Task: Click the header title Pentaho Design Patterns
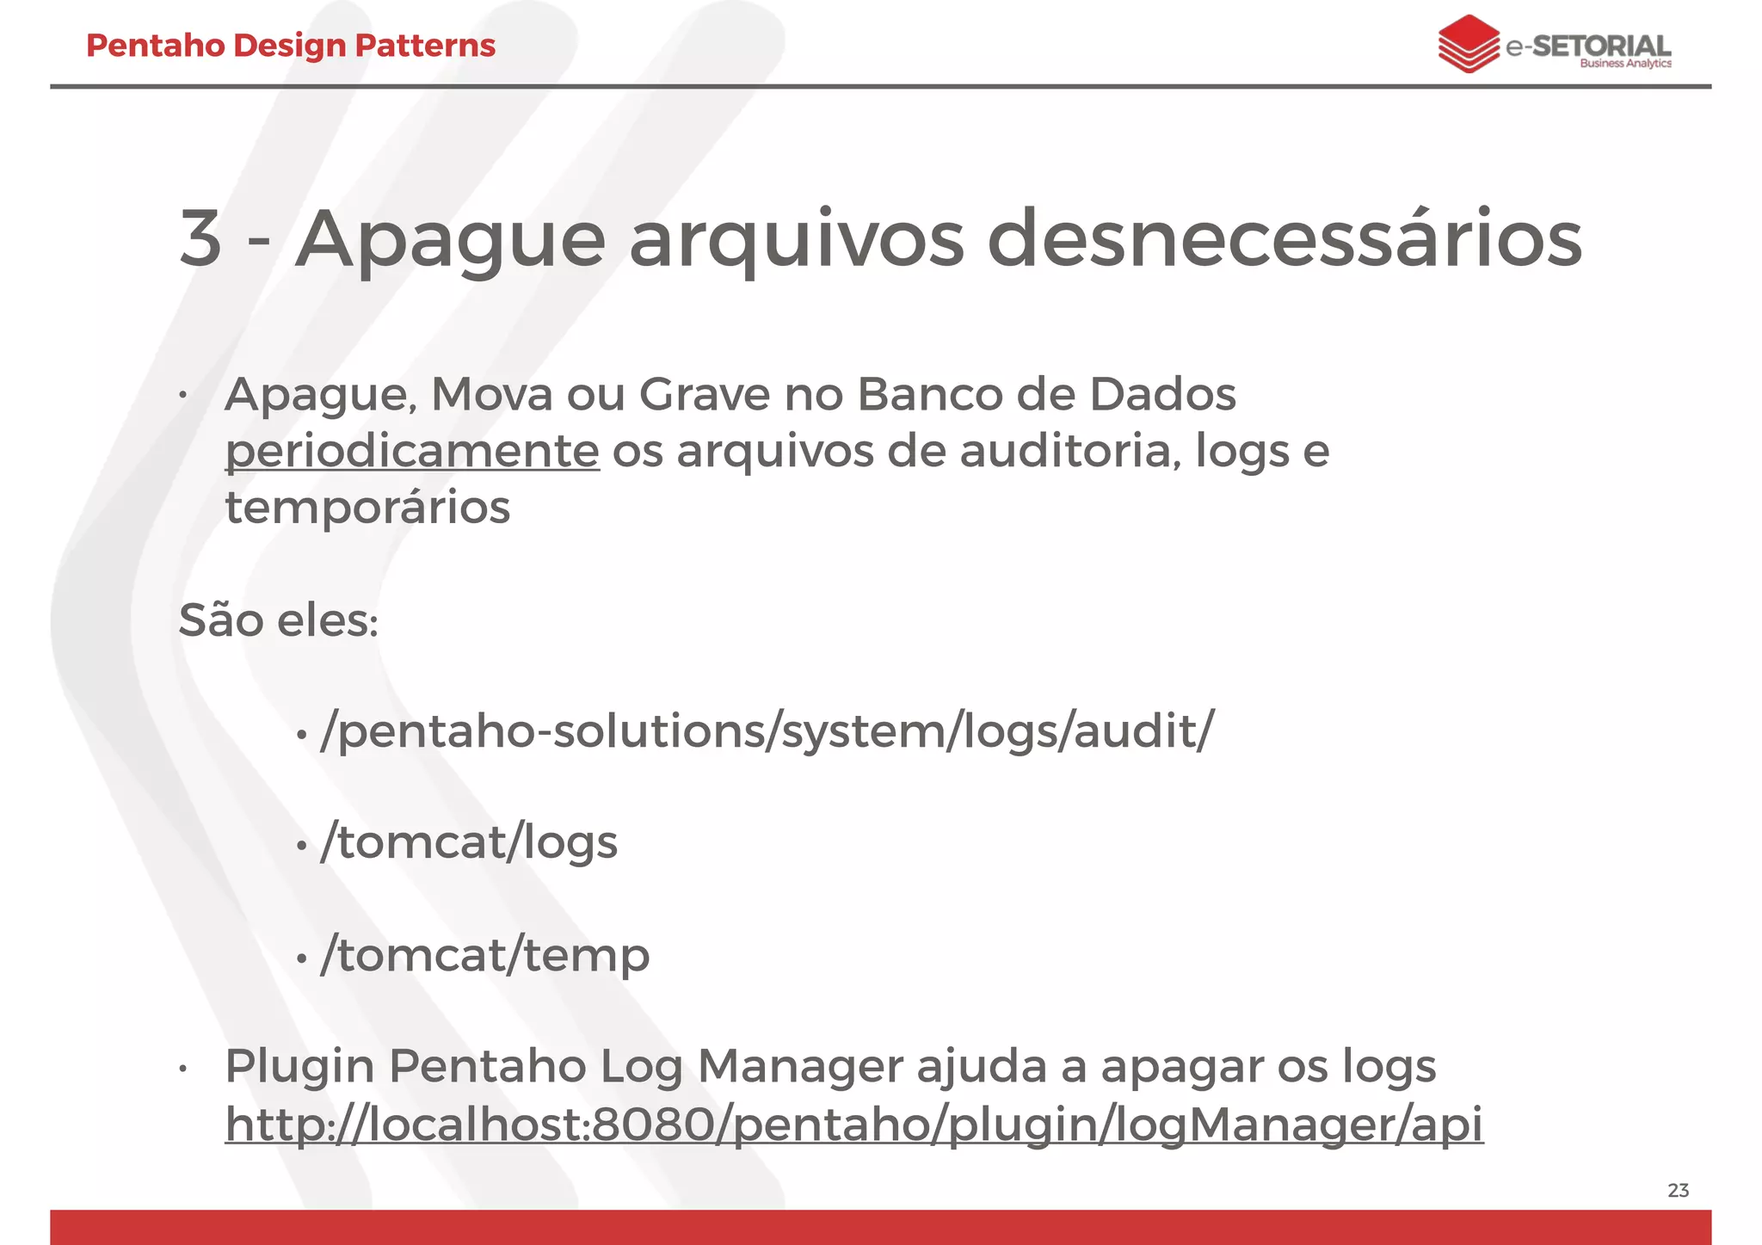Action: tap(291, 46)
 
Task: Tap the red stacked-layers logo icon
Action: tap(1468, 44)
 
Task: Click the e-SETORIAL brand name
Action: tap(1588, 46)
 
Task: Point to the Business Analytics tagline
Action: tap(1625, 64)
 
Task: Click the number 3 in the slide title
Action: tap(200, 238)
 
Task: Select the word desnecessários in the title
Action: tap(1290, 238)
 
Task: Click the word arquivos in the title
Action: tap(797, 238)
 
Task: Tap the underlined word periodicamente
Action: tap(412, 451)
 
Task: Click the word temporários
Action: tap(367, 507)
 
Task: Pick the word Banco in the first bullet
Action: tap(929, 395)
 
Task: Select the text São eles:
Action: tap(278, 620)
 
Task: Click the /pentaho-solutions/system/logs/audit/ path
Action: tap(767, 731)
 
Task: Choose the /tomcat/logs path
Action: tap(469, 842)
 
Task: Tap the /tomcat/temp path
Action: tap(484, 955)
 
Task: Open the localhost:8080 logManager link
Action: tap(853, 1124)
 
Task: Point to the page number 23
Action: tap(1678, 1190)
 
